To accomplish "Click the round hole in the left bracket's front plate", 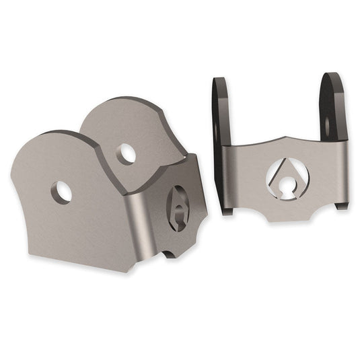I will (x=63, y=192).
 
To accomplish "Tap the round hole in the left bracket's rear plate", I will (x=125, y=154).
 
